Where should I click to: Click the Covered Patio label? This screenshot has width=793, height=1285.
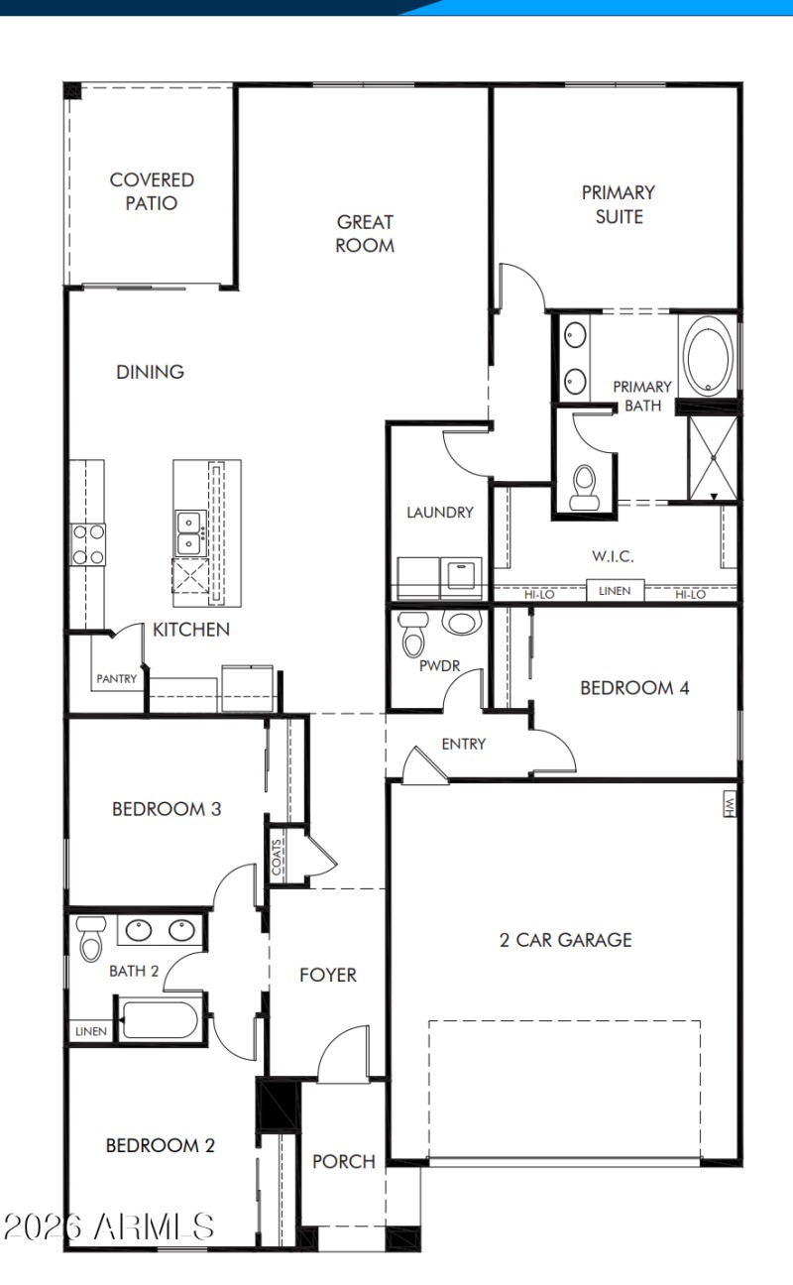click(x=152, y=191)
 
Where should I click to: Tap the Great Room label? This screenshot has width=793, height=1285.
click(x=365, y=233)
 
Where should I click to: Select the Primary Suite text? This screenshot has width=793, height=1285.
click(x=619, y=203)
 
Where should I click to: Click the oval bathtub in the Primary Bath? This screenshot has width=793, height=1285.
click(x=708, y=356)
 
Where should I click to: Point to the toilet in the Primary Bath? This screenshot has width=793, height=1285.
click(x=585, y=487)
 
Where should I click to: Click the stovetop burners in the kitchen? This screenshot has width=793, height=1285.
click(x=88, y=544)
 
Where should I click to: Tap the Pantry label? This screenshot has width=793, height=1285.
click(x=117, y=679)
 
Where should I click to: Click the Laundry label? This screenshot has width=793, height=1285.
click(x=440, y=513)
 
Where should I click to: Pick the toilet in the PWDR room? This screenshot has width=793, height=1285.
click(x=412, y=635)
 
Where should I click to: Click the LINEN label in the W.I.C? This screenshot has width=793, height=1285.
click(x=615, y=592)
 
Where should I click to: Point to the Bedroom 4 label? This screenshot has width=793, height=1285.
click(x=634, y=687)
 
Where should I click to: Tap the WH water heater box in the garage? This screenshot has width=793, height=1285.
click(x=730, y=803)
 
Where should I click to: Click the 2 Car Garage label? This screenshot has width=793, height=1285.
click(x=565, y=940)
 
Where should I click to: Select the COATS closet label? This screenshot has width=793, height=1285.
click(x=277, y=854)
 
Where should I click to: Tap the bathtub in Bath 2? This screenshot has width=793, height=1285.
click(x=160, y=1018)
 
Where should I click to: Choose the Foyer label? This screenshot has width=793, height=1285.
click(x=328, y=975)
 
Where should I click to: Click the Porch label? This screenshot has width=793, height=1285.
click(x=344, y=1161)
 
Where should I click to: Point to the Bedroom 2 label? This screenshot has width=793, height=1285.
click(x=161, y=1145)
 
